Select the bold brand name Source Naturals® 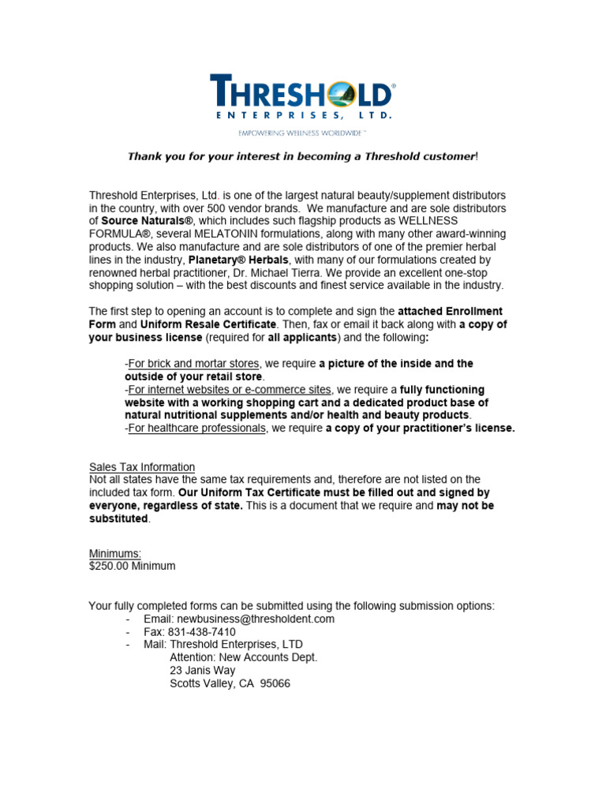pos(148,221)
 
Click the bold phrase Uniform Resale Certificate pos(208,324)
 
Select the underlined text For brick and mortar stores pos(193,364)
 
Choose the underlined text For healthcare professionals pos(196,428)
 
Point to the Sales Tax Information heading pos(142,467)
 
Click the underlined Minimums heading pos(115,553)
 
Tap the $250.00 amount pos(110,566)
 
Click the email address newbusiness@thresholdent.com pos(256,619)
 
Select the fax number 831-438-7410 pos(201,632)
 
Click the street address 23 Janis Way pos(203,671)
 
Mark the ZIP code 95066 pos(274,683)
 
